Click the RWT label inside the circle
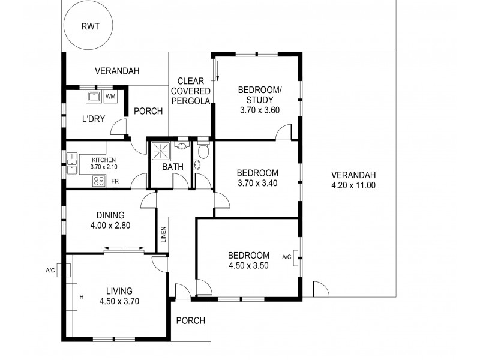coord(91,26)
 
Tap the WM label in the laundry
coord(110,97)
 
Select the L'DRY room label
coord(93,119)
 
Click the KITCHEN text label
coord(103,160)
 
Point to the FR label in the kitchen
coord(115,181)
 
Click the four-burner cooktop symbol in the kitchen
coord(99,181)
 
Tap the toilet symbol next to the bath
coord(203,151)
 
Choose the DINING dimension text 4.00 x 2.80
coord(110,226)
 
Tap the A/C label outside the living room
coord(51,270)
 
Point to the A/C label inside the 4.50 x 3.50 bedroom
coord(286,257)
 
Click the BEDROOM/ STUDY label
coord(259,95)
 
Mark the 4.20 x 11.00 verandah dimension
coord(353,185)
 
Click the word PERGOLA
coord(191,101)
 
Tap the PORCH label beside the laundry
coord(148,111)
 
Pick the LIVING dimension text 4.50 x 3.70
coord(119,302)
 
